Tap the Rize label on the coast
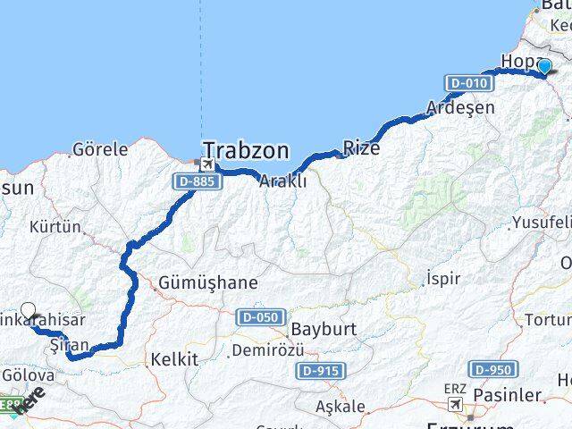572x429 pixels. click(361, 147)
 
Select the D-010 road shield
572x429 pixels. click(467, 83)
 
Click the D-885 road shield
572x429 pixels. click(195, 181)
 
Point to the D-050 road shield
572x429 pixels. click(262, 317)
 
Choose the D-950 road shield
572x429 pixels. click(492, 368)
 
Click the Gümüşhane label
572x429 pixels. click(207, 283)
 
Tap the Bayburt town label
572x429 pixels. click(324, 328)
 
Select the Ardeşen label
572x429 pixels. click(461, 107)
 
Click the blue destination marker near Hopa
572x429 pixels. click(544, 65)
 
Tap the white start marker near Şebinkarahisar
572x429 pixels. click(29, 312)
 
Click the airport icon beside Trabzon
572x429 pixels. click(207, 165)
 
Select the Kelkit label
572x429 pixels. click(174, 359)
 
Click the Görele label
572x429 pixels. click(99, 148)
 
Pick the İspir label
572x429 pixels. click(443, 278)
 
